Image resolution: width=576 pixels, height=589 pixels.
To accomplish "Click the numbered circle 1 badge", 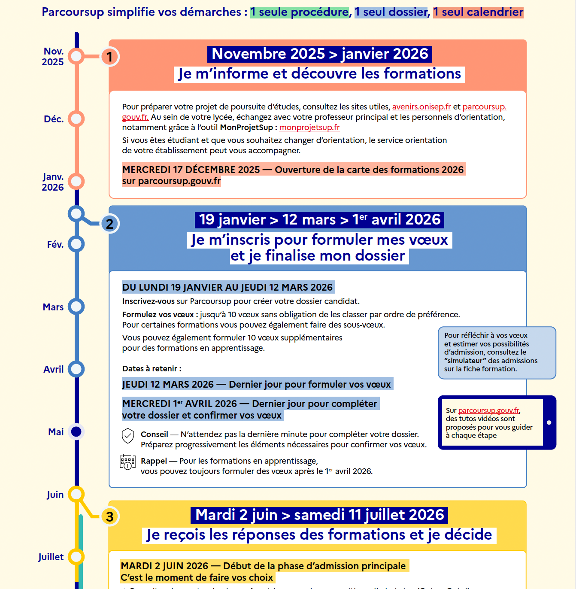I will pos(109,57).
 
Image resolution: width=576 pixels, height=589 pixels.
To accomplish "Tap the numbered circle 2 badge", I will pos(109,224).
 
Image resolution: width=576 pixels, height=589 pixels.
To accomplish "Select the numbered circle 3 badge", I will pos(109,516).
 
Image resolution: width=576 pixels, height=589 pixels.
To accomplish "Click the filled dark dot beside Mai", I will pos(76,432).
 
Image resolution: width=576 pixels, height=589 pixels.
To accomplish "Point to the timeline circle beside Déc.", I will pos(76,119).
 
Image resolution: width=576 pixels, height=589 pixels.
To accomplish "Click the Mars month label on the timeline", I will pos(53,307).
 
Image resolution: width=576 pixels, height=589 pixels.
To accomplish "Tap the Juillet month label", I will pos(51,557).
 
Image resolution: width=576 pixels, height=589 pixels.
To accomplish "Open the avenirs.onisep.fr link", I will pos(421,107).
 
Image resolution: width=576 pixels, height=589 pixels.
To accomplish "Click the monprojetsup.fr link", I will pos(309,128).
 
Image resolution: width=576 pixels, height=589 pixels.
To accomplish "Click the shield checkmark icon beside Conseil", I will pos(128,436).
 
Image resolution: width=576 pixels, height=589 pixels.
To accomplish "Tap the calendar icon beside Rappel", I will pos(127,462).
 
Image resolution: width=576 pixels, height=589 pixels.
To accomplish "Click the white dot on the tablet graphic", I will pos(549,422).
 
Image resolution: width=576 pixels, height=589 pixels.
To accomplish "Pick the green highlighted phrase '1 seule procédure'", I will pos(300,12).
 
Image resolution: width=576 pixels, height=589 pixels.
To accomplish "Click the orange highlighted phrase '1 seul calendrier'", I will pos(478,12).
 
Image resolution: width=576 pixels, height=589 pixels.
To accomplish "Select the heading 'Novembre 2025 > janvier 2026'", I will pos(320,54).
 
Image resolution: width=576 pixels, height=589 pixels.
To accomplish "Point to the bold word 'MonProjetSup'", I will pos(246,128).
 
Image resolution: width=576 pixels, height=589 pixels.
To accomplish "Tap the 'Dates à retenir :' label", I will pos(152,369).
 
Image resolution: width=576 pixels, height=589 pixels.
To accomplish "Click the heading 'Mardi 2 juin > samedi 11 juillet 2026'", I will pos(319,515).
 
